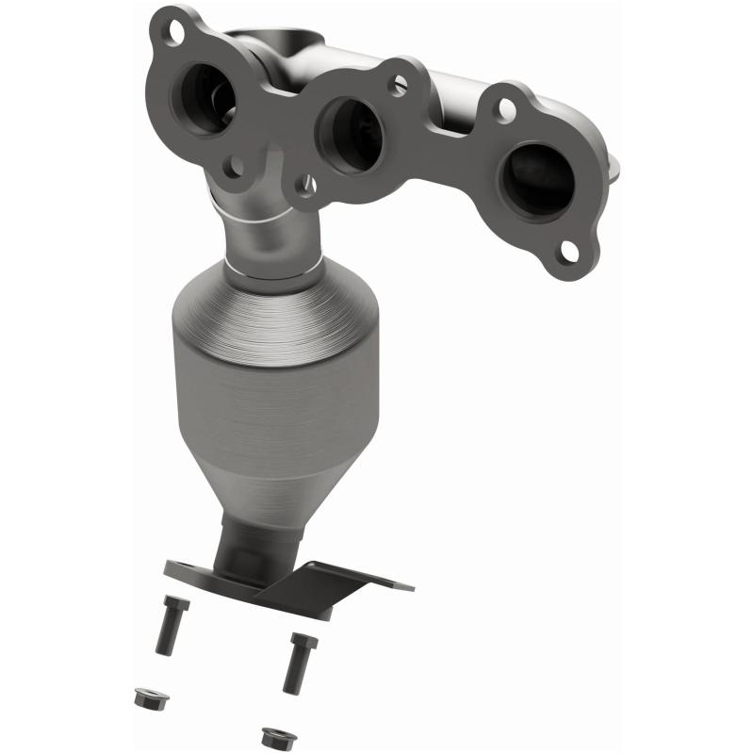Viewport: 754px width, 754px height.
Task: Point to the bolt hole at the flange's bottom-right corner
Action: (569, 250)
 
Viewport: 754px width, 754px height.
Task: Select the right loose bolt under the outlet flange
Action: (301, 662)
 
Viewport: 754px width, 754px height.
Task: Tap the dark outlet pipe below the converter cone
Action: (250, 547)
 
